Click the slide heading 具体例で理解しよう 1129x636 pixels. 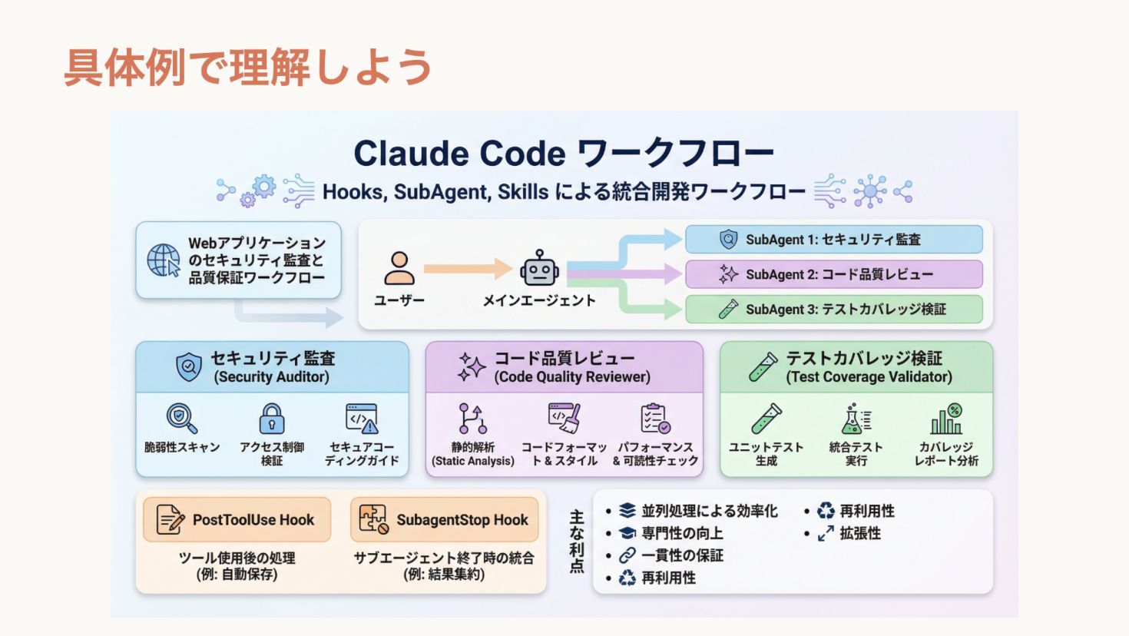point(248,67)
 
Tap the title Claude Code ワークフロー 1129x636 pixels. point(564,153)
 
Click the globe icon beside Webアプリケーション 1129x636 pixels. point(164,260)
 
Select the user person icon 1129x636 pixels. point(399,268)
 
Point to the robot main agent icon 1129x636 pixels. point(539,268)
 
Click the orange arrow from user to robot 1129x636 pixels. point(468,268)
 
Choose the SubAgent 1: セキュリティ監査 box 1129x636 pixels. point(833,240)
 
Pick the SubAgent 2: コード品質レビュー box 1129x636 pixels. point(833,274)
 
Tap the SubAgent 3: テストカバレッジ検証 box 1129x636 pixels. point(833,310)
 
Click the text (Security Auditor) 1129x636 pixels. point(272,377)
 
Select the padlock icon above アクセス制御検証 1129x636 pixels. point(272,419)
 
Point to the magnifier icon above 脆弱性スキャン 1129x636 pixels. point(181,419)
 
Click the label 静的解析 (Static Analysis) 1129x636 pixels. point(473,454)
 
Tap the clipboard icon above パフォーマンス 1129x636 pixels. point(655,419)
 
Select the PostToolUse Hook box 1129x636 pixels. point(237,520)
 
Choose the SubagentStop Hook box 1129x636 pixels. point(445,520)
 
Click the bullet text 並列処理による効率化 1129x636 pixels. point(709,511)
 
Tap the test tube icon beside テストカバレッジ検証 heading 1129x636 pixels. point(763,367)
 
